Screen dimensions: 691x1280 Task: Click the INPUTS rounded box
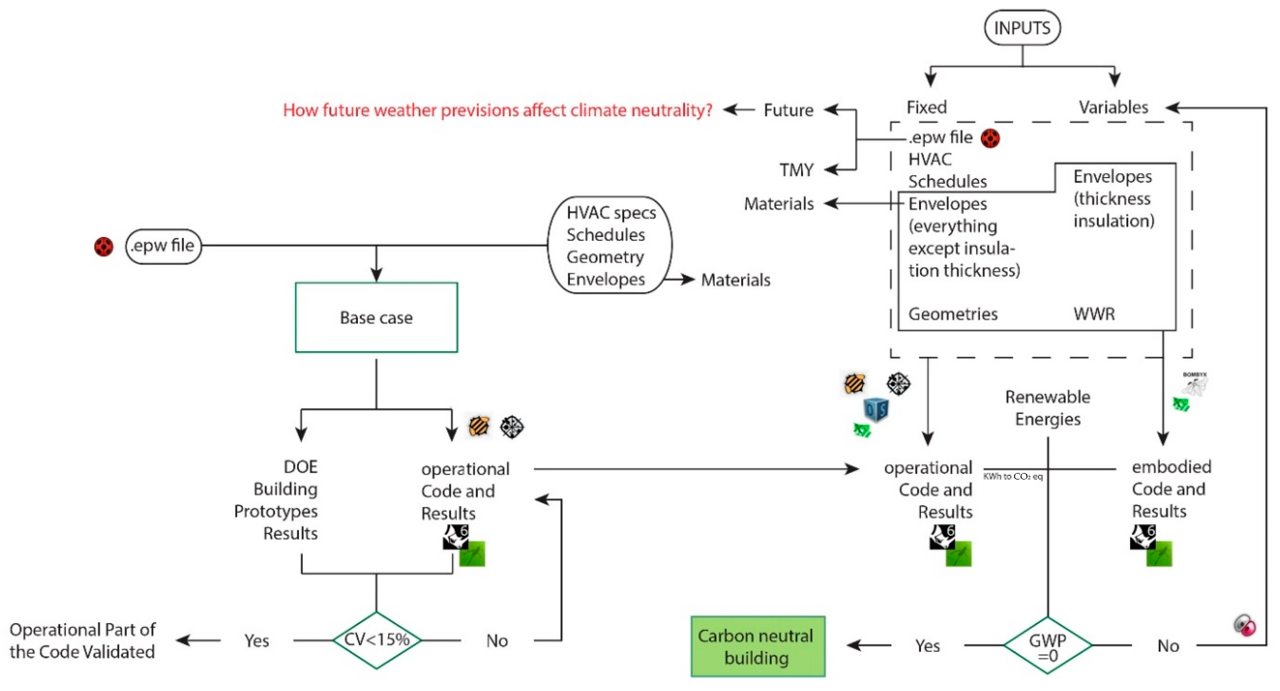coord(1022,28)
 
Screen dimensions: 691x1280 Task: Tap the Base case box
coord(376,317)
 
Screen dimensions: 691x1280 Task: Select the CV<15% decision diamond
coord(376,639)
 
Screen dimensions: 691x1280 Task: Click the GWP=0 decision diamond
coord(1047,645)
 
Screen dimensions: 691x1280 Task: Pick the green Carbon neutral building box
coord(757,646)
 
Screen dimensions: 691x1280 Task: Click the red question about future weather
coord(497,110)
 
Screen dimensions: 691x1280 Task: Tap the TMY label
coord(796,170)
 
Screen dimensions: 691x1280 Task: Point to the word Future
coord(788,110)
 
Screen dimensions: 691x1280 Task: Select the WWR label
coord(1094,314)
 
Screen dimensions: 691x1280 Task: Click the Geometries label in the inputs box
coord(952,314)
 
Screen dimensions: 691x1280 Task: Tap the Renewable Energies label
coord(1047,408)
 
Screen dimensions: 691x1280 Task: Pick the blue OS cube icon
coord(876,410)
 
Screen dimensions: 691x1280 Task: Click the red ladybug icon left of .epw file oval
coord(103,247)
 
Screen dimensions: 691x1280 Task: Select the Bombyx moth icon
coord(1196,384)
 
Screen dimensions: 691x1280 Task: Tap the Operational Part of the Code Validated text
coord(82,640)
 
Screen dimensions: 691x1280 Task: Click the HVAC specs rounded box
coord(609,245)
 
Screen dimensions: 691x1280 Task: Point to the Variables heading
coord(1113,107)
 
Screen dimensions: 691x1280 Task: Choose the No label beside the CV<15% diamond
coord(497,640)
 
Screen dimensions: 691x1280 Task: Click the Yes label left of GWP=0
coord(927,645)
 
